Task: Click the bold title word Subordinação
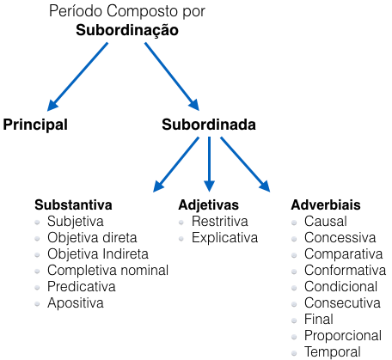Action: [127, 30]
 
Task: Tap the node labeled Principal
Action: [35, 125]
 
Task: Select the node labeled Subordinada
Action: [209, 125]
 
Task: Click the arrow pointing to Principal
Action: [77, 76]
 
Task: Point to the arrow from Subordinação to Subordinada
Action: [172, 76]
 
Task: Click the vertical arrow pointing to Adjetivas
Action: [209, 164]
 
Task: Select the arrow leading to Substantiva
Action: [176, 164]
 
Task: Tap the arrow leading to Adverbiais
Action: [245, 164]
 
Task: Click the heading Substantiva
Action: [73, 205]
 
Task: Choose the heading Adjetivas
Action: [209, 205]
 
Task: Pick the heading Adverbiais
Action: [326, 205]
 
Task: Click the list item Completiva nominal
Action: [107, 271]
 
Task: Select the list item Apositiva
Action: [76, 303]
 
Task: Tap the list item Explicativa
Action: [225, 238]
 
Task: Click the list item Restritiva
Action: [220, 222]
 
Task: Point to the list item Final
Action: [319, 320]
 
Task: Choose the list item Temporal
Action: [333, 352]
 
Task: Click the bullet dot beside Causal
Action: [294, 223]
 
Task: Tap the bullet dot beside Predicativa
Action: [37, 288]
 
